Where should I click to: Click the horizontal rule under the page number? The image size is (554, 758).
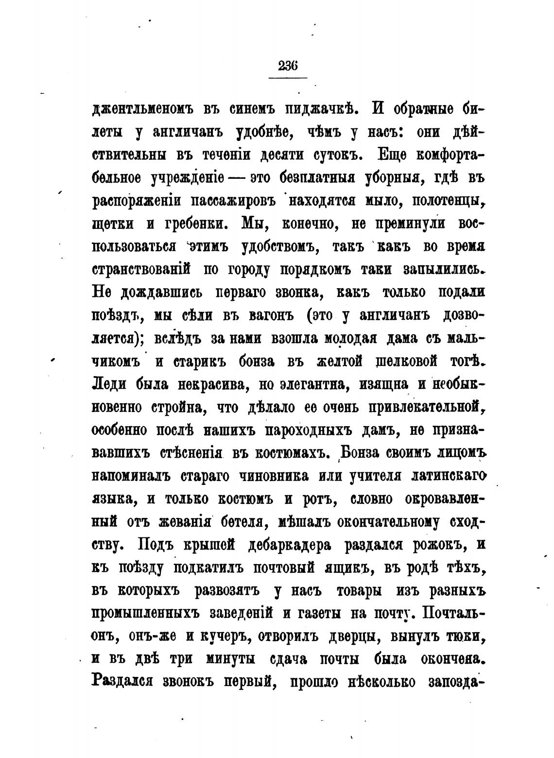click(288, 78)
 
